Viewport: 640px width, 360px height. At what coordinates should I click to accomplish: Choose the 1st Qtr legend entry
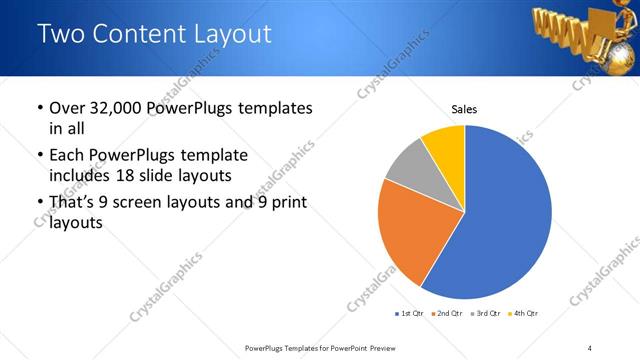410,314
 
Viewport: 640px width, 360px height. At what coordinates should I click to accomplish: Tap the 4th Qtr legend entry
525,314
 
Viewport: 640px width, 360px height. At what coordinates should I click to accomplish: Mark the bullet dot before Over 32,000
38,108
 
